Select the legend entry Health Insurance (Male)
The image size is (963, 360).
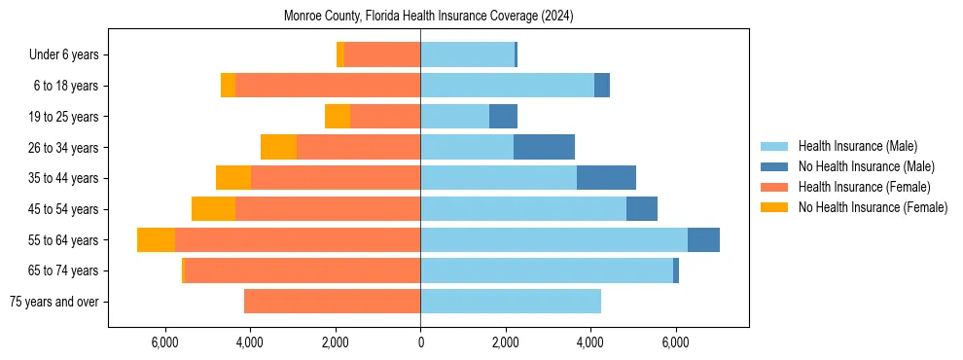pyautogui.click(x=857, y=146)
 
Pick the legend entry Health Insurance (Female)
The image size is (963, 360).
pyautogui.click(x=864, y=187)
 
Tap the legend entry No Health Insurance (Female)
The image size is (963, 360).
pyautogui.click(x=873, y=207)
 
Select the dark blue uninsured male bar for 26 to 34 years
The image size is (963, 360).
pyautogui.click(x=544, y=147)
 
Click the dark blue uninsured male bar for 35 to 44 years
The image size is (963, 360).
pyautogui.click(x=606, y=178)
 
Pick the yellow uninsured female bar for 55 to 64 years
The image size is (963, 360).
pyautogui.click(x=156, y=239)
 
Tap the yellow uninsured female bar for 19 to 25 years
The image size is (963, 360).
pyautogui.click(x=338, y=117)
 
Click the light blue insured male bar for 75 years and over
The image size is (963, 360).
pyautogui.click(x=511, y=302)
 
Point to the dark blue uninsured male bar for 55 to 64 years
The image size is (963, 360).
pyautogui.click(x=703, y=239)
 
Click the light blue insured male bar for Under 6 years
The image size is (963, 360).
pyautogui.click(x=467, y=55)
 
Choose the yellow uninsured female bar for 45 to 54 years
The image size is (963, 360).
pyautogui.click(x=213, y=209)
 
